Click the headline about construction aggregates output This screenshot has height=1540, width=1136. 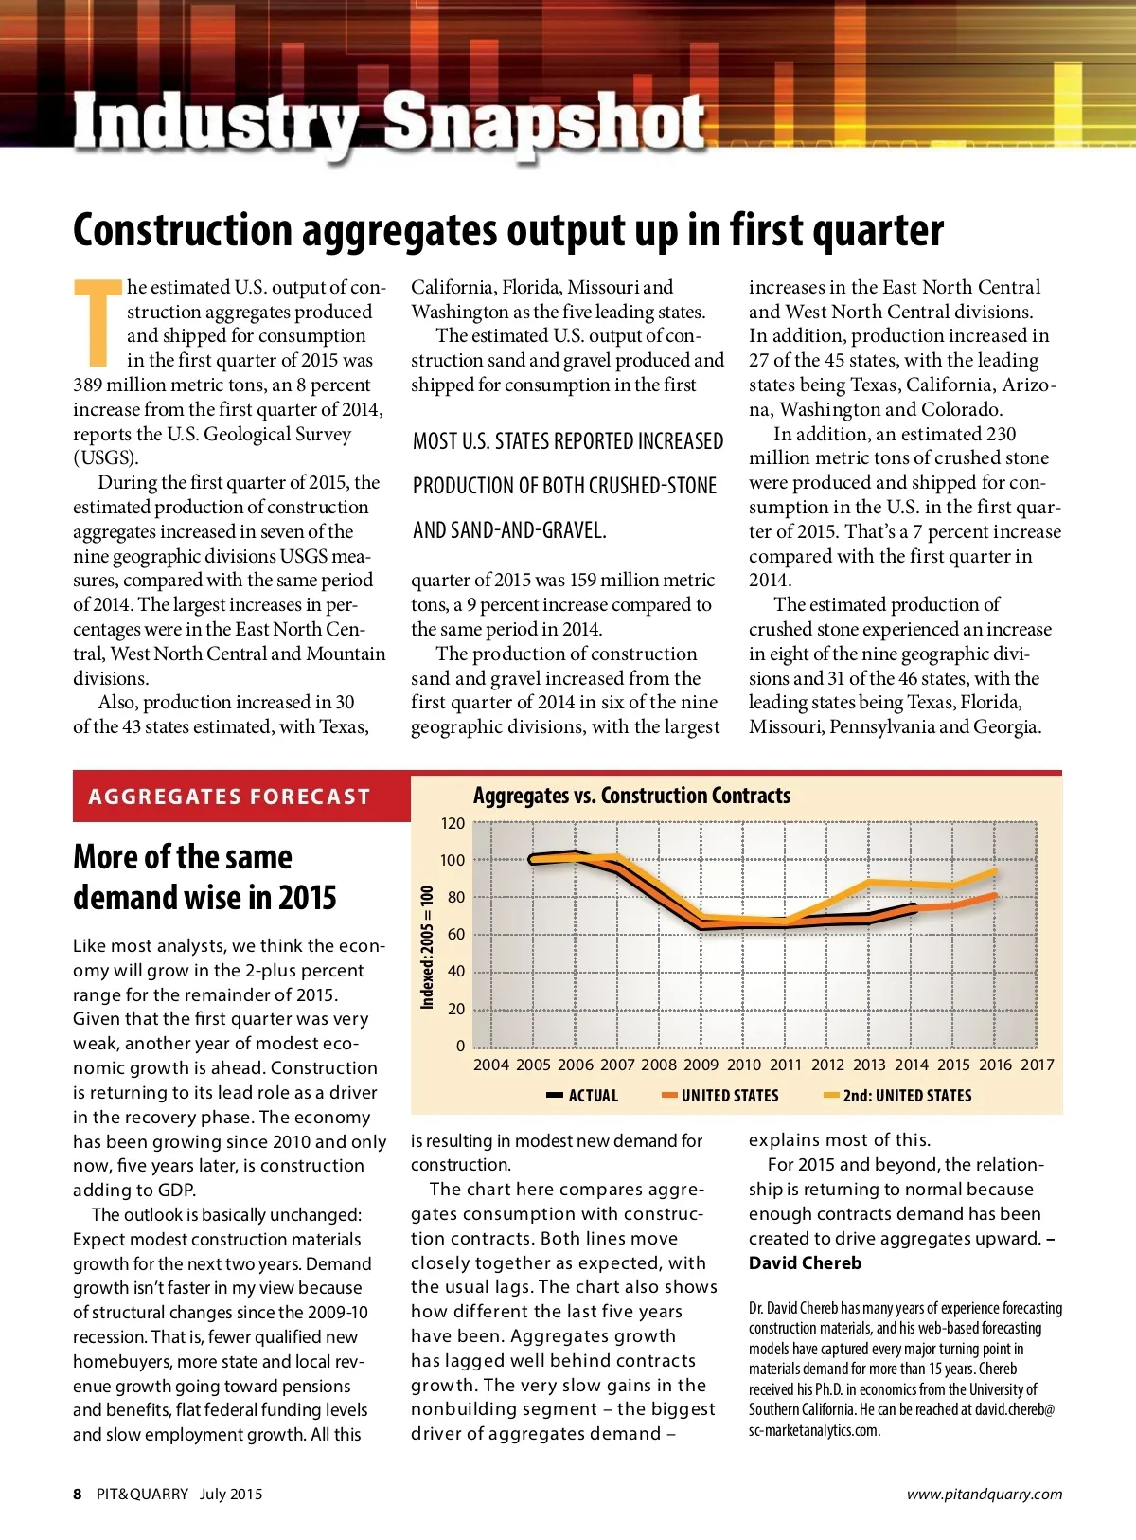coord(508,230)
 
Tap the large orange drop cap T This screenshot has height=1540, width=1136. coord(98,322)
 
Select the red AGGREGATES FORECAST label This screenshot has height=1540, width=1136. coord(229,797)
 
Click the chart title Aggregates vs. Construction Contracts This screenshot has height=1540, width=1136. coord(631,796)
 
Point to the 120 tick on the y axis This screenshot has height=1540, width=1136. coord(453,823)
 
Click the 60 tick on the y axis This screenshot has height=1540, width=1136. coord(456,935)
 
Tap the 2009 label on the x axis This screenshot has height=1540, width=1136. coord(701,1065)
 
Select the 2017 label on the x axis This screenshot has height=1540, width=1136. coord(1037,1065)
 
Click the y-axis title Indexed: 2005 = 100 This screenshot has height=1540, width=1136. coord(427,947)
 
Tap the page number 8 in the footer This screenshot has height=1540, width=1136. coord(78,1495)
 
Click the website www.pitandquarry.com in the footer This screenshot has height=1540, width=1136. coord(985,1495)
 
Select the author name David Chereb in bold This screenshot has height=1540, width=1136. coord(805,1263)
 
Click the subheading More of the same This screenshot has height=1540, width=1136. coord(183,857)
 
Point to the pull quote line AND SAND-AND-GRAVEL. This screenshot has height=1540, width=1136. coord(509,530)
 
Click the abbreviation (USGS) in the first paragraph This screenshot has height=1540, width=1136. coord(105,458)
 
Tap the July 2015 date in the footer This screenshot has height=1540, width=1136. coord(231,1495)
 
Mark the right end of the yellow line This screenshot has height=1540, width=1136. coord(995,870)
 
